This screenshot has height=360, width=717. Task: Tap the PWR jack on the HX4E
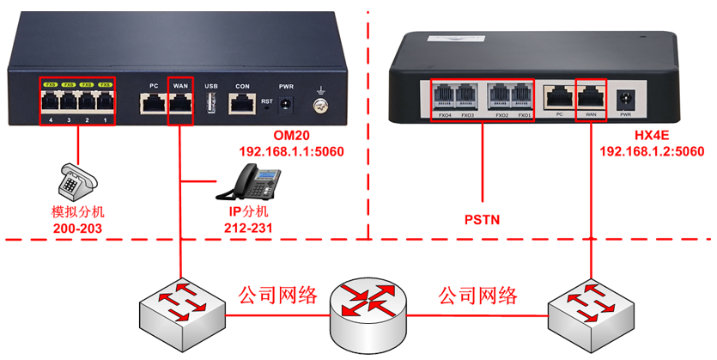625,97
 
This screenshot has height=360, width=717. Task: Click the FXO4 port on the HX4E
444,95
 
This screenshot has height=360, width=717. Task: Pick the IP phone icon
255,184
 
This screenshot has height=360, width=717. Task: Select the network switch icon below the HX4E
590,312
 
